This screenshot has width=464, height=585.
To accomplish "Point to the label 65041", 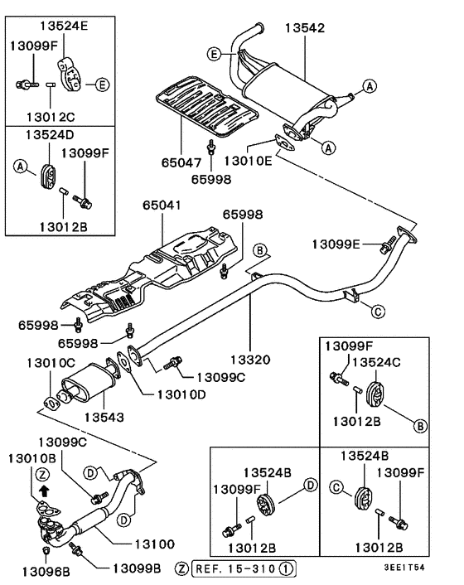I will point(162,205).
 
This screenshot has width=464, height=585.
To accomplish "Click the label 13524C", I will point(379,361).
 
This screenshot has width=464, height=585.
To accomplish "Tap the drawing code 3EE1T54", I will point(426,569).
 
